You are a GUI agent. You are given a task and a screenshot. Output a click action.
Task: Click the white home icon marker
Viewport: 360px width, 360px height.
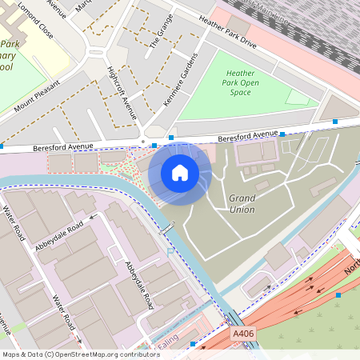(180, 173)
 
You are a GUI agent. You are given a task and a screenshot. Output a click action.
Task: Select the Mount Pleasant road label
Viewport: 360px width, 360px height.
(36, 95)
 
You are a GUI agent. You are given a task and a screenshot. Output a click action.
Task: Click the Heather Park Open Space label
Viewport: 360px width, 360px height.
(241, 82)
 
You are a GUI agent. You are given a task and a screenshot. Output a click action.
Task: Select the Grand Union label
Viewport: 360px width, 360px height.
(242, 203)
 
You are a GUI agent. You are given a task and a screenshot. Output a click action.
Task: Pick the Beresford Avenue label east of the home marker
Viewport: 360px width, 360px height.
(248, 134)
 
